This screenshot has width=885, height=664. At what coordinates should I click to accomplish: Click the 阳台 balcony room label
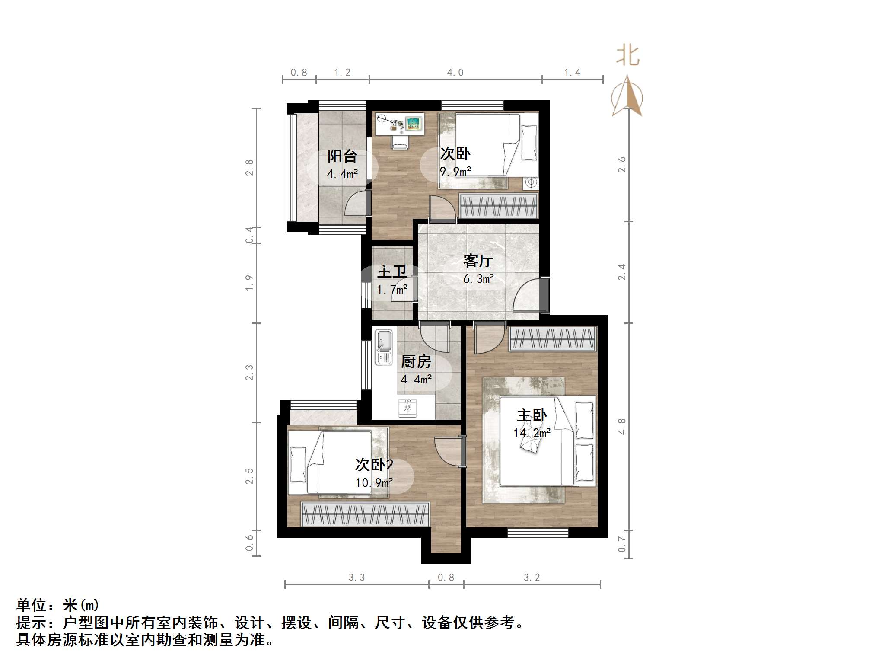(342, 156)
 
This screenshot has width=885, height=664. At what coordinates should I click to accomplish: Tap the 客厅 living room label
(478, 261)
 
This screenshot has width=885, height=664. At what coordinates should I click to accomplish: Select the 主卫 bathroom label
(392, 272)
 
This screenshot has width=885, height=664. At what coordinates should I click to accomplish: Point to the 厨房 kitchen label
(416, 361)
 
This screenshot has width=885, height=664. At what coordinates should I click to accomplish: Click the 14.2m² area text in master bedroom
(532, 433)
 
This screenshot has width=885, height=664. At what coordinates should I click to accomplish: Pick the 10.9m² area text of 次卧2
(374, 482)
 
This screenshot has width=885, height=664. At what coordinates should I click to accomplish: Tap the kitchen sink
(384, 347)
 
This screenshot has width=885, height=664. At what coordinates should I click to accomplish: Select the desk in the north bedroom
(400, 123)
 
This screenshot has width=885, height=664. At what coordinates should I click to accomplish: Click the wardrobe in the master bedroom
(553, 338)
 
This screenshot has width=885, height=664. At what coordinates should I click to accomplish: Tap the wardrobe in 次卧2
(365, 514)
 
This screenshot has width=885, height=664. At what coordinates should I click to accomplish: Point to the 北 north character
(627, 56)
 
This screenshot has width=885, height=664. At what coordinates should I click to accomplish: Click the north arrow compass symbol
(627, 97)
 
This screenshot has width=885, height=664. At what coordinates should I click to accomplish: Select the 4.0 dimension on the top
(455, 73)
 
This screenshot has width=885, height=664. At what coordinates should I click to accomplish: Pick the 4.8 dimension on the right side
(622, 426)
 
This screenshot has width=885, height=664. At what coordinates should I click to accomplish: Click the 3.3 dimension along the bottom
(357, 578)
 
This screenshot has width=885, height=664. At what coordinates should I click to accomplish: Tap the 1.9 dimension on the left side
(249, 283)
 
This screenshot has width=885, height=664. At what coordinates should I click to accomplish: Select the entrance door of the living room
(530, 295)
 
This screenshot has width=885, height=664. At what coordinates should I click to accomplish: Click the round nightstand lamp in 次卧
(531, 182)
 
